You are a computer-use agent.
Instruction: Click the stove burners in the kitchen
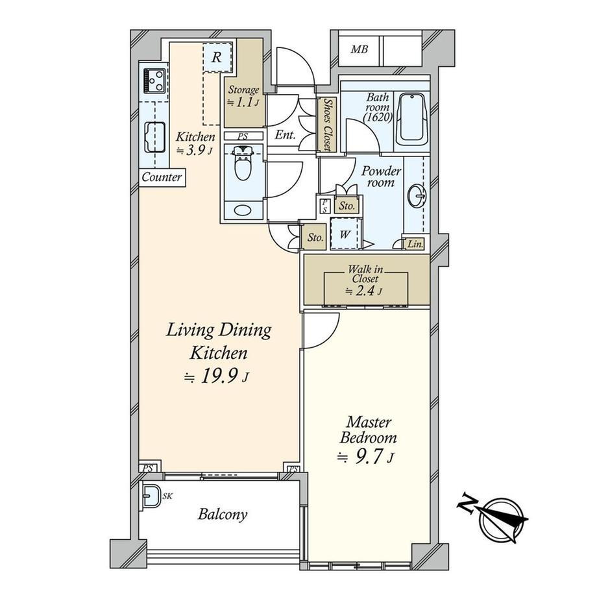tap(154, 80)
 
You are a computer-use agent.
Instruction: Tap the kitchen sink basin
tap(154, 138)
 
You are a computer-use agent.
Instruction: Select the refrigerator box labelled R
tap(217, 57)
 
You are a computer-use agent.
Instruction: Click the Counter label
tap(162, 177)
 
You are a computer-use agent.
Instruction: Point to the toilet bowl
tap(243, 164)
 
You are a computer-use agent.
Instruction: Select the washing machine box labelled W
tap(345, 234)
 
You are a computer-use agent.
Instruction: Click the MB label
tap(359, 49)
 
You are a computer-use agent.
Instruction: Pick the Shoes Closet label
tap(327, 125)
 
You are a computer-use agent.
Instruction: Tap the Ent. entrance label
tap(285, 135)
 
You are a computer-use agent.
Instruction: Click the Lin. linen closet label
tap(415, 244)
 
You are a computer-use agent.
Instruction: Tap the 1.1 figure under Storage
tap(245, 102)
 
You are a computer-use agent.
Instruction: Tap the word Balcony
tap(223, 515)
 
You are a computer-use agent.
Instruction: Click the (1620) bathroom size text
tap(377, 117)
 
